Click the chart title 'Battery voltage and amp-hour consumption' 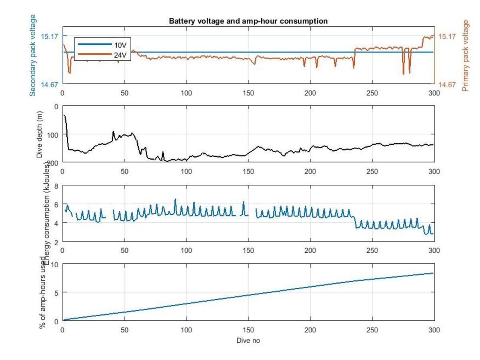point(248,21)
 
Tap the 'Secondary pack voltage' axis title point(33,55)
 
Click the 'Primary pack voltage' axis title point(465,56)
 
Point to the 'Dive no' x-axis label point(248,340)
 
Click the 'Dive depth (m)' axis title point(40,134)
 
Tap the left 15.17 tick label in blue point(49,36)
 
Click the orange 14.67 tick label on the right point(447,84)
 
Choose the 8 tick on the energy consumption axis point(56,186)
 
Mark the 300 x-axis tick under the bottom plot point(434,330)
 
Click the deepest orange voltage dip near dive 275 point(403,74)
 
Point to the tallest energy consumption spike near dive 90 point(175,199)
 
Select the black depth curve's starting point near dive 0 point(64,115)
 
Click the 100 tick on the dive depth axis point(52,134)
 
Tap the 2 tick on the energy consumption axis point(56,242)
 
